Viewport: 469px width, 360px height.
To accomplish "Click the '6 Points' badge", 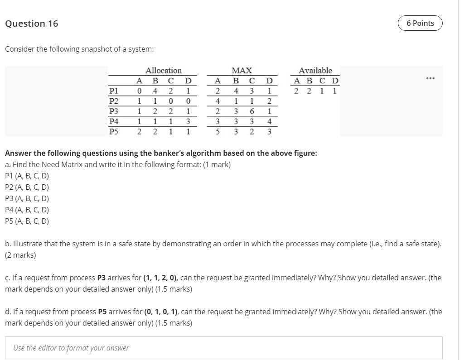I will (x=420, y=23).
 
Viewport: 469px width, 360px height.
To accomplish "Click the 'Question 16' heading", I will (x=32, y=24).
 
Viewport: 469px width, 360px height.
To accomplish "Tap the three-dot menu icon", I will (x=430, y=79).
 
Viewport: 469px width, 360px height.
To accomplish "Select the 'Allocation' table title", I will (x=164, y=71).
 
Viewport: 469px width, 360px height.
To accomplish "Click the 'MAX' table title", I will (x=242, y=71).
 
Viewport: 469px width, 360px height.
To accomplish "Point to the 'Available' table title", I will (x=315, y=71).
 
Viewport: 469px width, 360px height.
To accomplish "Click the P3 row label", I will (x=114, y=111).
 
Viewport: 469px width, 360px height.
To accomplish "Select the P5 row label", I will (x=114, y=132).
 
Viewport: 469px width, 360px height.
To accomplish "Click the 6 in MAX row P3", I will (x=251, y=111).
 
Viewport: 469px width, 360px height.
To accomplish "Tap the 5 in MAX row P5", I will (x=218, y=132).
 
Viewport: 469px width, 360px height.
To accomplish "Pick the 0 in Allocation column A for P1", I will (x=140, y=91).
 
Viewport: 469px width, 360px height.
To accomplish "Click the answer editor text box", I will (x=224, y=348).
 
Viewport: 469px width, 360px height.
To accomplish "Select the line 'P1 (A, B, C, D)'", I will (x=27, y=176).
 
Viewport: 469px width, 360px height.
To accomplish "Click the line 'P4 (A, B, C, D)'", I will (x=27, y=210).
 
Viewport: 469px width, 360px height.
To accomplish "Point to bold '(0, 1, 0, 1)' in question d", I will (x=164, y=312).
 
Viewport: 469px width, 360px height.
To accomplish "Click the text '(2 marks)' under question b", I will (x=20, y=255).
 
